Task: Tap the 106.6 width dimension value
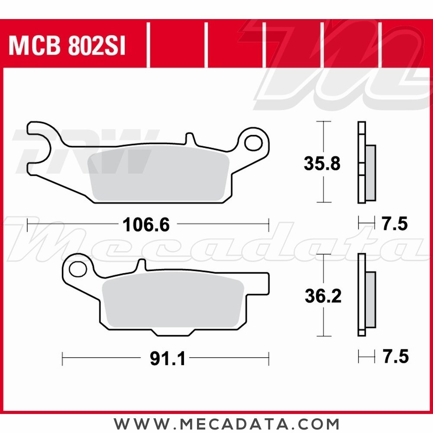145,224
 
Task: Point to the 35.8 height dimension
322,164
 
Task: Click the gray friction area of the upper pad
158,173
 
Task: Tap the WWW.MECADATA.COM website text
226,423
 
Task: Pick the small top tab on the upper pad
189,138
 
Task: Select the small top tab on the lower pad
140,265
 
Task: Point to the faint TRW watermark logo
82,152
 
